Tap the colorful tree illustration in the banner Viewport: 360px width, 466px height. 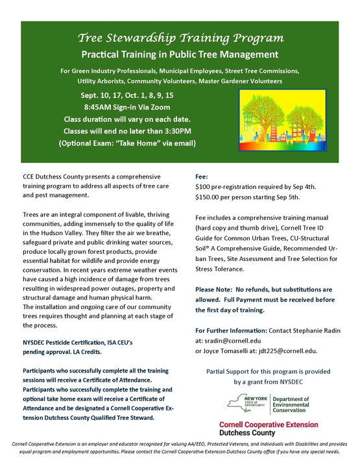(289, 118)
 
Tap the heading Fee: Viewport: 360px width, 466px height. (201, 176)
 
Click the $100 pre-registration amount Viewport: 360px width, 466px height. (206, 187)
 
